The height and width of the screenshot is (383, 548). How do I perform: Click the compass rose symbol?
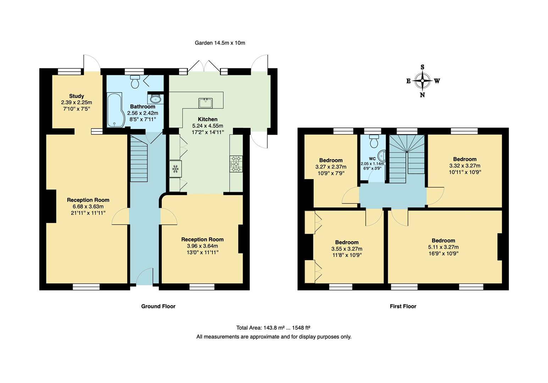(422, 81)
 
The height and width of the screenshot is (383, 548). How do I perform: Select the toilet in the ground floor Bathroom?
(135, 82)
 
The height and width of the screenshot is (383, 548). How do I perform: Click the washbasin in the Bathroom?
(155, 99)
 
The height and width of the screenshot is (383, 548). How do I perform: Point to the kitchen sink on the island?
(205, 103)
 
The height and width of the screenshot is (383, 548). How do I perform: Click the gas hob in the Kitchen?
(236, 164)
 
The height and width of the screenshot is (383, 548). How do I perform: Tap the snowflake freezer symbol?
(175, 169)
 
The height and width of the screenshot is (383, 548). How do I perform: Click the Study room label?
(76, 96)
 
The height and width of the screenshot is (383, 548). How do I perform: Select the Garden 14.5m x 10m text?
(220, 43)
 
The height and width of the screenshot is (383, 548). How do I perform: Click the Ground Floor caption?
(158, 306)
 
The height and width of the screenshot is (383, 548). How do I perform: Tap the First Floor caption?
(403, 306)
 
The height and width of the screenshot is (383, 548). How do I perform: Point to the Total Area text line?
(273, 328)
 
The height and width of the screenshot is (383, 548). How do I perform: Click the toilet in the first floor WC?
(374, 141)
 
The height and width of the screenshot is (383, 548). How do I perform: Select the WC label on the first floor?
(372, 159)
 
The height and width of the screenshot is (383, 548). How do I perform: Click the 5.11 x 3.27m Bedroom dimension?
(443, 247)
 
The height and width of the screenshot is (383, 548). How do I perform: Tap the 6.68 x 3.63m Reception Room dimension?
(88, 206)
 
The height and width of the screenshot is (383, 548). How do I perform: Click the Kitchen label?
(207, 120)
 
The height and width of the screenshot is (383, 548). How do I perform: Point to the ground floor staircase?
(139, 159)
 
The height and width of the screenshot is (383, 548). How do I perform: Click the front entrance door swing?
(145, 276)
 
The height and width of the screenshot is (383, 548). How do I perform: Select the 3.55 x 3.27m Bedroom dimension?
(347, 249)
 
